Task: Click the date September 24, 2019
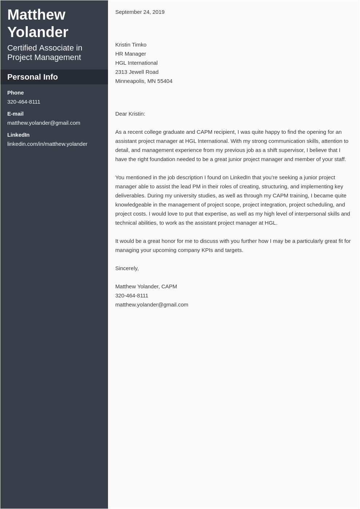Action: tap(140, 12)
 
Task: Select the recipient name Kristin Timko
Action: tap(131, 45)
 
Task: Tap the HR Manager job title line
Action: tap(131, 54)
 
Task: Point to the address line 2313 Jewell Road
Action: tap(137, 72)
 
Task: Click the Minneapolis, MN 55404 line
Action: tap(144, 81)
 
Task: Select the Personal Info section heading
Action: tap(32, 77)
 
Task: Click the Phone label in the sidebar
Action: tap(15, 93)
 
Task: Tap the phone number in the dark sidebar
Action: tap(24, 102)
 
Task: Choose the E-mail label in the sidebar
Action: tap(15, 114)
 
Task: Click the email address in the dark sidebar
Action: tap(44, 123)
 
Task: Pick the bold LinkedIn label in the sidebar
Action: tap(18, 135)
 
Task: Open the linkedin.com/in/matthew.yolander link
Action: tap(47, 144)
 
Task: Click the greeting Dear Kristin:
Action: tap(130, 114)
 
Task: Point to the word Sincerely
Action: tap(127, 268)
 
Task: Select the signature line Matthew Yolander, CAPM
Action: tap(146, 286)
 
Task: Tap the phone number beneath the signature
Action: tap(132, 296)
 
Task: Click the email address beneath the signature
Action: tap(152, 305)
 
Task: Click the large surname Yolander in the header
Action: tap(38, 32)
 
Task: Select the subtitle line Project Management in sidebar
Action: tap(44, 57)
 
